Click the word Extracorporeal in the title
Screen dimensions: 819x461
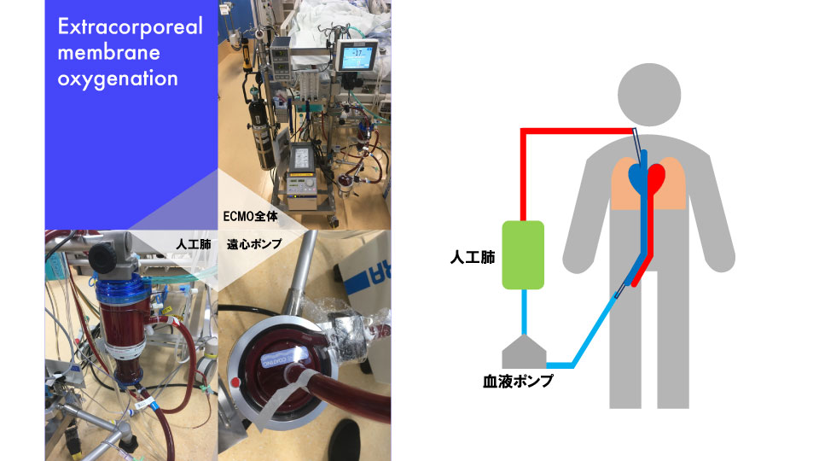tap(130, 27)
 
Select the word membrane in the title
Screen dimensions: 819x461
tap(108, 53)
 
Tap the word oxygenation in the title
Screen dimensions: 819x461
tap(118, 79)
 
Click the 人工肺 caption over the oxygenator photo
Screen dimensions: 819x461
tap(191, 244)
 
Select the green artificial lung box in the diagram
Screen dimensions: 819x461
tap(523, 254)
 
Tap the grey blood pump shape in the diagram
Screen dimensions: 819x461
tap(523, 351)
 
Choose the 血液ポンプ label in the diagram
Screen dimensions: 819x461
tap(518, 382)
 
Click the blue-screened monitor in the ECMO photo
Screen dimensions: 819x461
tap(352, 58)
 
